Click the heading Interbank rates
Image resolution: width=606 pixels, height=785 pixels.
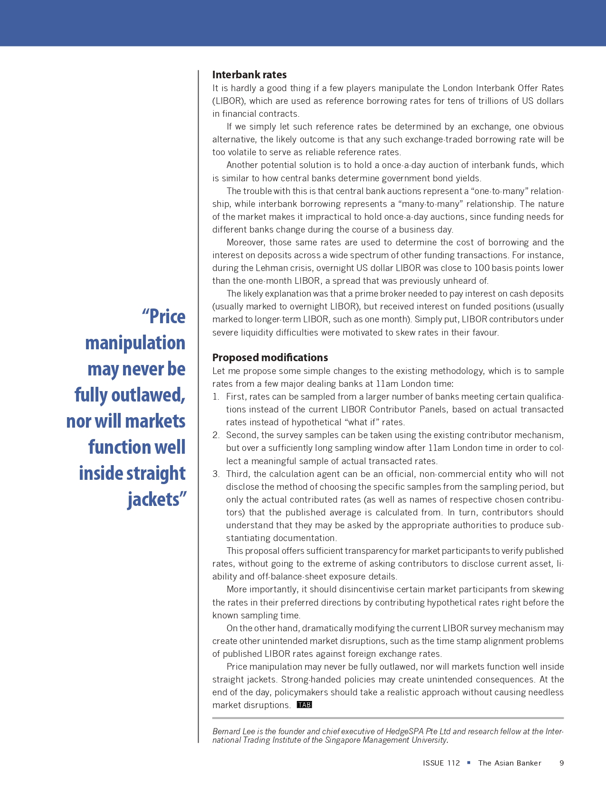click(249, 75)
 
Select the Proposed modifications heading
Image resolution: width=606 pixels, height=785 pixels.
click(270, 357)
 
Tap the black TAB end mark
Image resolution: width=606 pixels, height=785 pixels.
click(304, 705)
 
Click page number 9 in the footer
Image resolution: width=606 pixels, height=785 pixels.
click(562, 763)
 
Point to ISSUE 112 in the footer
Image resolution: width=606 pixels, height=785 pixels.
click(441, 763)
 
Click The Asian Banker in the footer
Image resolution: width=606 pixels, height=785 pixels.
click(510, 763)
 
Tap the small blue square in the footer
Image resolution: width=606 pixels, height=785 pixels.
click(469, 763)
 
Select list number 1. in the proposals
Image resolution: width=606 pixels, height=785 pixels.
click(216, 396)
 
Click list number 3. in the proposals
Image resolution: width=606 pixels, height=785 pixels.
click(216, 474)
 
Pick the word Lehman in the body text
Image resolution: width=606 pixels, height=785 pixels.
click(271, 268)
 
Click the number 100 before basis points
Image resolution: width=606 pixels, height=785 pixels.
click(482, 268)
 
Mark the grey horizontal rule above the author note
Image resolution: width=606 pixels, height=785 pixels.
click(388, 718)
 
